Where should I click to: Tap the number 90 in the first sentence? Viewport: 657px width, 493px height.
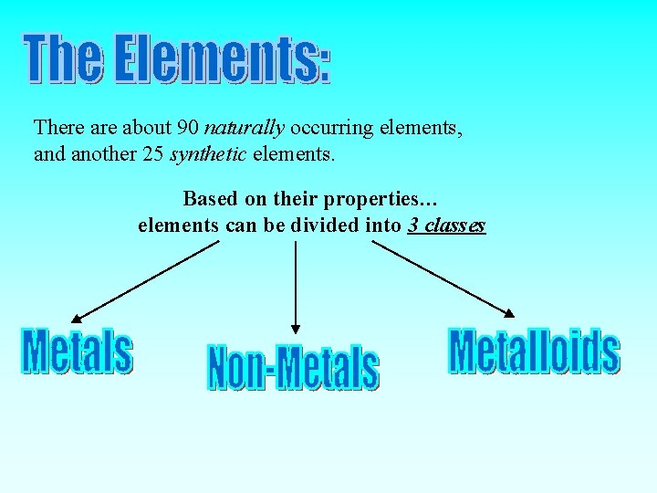tap(189, 128)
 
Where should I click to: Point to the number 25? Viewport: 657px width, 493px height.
tap(153, 154)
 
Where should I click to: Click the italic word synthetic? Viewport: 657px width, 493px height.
tap(208, 154)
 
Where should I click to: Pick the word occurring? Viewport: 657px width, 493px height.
tap(332, 128)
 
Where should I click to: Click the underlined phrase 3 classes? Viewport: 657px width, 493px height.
tap(446, 225)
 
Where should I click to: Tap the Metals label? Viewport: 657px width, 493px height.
tap(78, 351)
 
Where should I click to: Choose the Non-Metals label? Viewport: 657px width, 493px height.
tap(293, 368)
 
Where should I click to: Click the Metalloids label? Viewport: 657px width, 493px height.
tap(534, 351)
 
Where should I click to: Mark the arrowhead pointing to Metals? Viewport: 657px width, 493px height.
tap(77, 319)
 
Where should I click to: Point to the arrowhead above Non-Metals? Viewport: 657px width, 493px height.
tap(295, 328)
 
